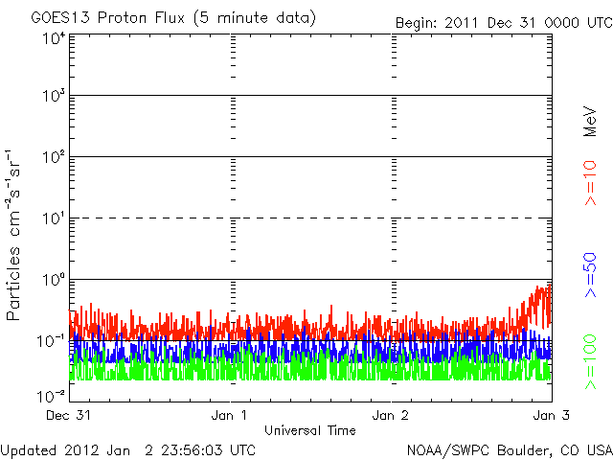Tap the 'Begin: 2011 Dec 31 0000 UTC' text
[x=504, y=23]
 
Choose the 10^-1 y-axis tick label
[x=51, y=341]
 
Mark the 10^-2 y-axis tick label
[x=51, y=396]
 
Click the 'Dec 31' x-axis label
[x=68, y=415]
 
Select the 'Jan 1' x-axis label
[x=229, y=415]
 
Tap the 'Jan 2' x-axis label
[x=390, y=415]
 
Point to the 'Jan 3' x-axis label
[x=552, y=415]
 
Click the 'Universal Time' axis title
[x=310, y=430]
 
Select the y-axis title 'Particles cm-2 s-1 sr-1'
[x=12, y=235]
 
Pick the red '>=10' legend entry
[x=590, y=183]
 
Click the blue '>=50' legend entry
[x=590, y=275]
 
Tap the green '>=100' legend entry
[x=590, y=362]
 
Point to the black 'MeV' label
[x=590, y=122]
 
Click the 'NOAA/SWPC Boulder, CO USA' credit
[x=510, y=450]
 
